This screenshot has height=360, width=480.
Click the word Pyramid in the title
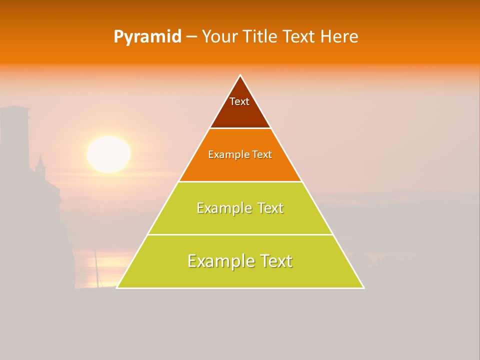[x=147, y=37]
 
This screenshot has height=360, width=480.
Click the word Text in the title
[x=299, y=36]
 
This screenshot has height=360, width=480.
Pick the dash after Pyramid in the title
[x=191, y=37]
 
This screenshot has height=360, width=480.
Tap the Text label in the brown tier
[x=239, y=101]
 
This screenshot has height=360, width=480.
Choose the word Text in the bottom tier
[x=272, y=261]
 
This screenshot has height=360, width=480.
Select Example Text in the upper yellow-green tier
[x=240, y=208]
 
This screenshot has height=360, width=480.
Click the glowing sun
[x=108, y=154]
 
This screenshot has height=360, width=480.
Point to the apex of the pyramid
[x=240, y=75]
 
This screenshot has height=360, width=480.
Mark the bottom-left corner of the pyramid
[x=117, y=287]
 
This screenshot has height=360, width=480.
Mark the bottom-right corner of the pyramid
[x=363, y=287]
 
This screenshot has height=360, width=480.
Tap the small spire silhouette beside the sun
[x=40, y=163]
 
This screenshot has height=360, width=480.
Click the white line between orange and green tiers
[x=240, y=181]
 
